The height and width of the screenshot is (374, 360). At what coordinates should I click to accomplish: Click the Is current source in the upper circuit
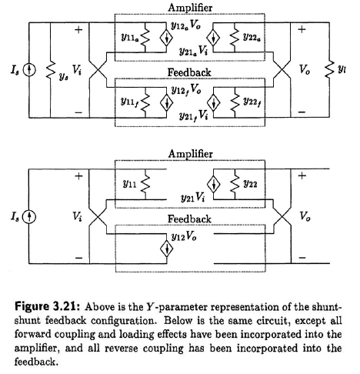click(x=29, y=70)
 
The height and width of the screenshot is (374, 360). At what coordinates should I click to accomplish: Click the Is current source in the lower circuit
click(x=29, y=217)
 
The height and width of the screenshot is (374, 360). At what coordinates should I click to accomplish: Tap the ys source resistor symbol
click(x=51, y=70)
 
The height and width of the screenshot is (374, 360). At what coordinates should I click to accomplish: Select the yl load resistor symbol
click(x=329, y=69)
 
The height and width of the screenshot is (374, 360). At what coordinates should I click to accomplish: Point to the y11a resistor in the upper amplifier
click(x=145, y=38)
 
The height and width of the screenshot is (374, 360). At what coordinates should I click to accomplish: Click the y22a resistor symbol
click(x=235, y=38)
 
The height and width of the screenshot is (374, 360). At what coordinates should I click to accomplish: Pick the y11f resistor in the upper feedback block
click(x=145, y=102)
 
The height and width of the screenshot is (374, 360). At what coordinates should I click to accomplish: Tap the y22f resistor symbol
click(x=235, y=102)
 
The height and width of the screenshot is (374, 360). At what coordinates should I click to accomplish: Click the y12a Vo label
click(x=185, y=25)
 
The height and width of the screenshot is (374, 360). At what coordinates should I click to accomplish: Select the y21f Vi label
click(x=193, y=115)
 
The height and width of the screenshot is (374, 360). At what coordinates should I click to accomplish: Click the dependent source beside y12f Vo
click(x=167, y=102)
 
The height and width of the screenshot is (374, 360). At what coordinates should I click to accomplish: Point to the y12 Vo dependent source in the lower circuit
click(x=167, y=249)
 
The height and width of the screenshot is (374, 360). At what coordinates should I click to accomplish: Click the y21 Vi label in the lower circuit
click(x=193, y=198)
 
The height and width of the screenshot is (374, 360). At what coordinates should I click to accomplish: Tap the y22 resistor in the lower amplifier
click(x=235, y=184)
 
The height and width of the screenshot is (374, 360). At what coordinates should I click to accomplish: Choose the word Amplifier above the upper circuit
click(x=190, y=8)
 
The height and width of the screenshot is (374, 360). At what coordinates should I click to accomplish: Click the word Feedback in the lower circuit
click(x=189, y=219)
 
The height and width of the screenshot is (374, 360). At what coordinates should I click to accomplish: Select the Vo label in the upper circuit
click(x=305, y=69)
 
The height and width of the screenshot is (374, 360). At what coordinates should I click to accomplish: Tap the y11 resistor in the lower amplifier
click(x=145, y=184)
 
